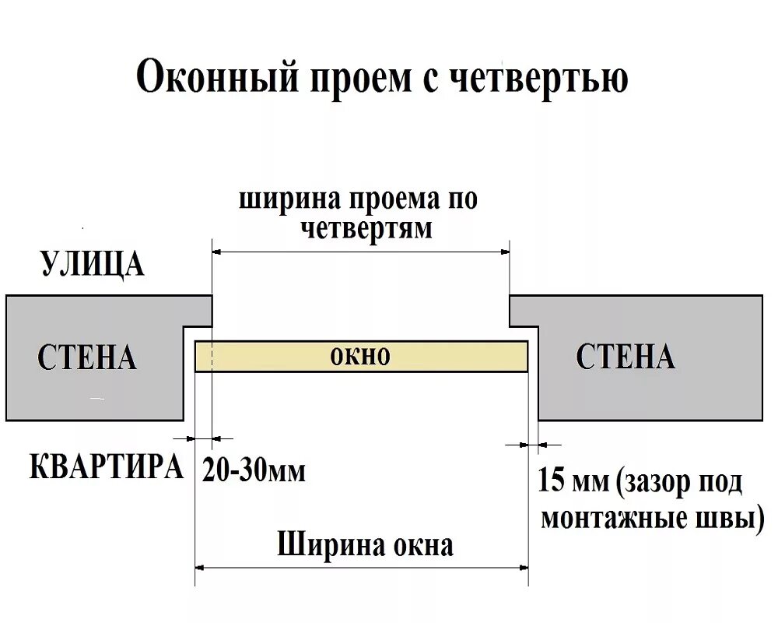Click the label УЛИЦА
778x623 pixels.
pos(92,264)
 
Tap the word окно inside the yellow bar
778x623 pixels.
pos(360,357)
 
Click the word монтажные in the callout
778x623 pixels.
pos(611,518)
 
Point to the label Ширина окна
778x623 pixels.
pos(365,544)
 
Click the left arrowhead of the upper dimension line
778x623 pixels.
pos(217,252)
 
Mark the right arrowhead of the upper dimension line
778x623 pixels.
pos(505,252)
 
